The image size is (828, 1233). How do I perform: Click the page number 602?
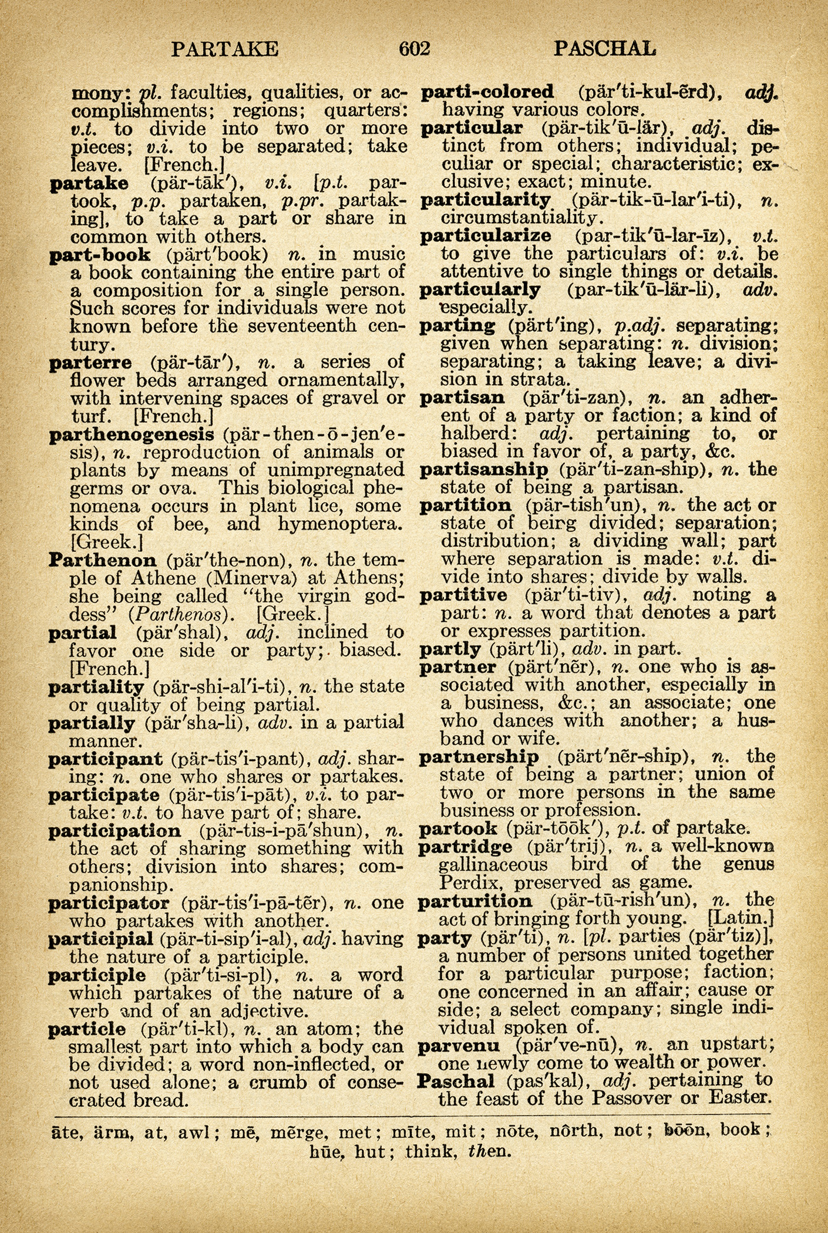415,48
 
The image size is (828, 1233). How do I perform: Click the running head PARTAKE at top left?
225,49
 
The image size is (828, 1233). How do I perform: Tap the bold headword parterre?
90,363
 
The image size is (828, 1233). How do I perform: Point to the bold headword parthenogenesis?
132,434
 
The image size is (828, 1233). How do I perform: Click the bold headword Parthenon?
103,560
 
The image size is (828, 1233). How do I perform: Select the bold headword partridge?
465,847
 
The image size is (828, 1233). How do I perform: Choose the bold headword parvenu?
459,1045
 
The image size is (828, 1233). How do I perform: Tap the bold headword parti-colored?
488,92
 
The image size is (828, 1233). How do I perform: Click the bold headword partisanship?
484,470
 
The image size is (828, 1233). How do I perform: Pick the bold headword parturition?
475,901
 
